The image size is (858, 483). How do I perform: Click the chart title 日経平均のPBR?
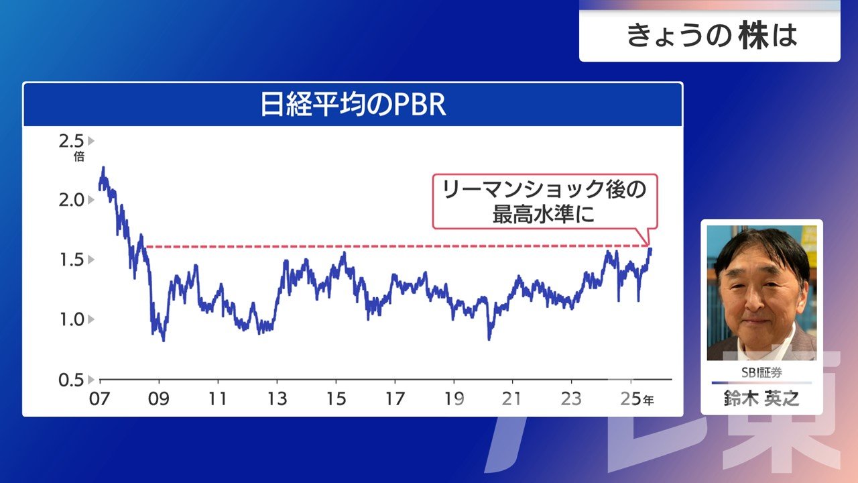(x=353, y=104)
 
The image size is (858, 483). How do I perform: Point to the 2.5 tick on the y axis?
(x=71, y=141)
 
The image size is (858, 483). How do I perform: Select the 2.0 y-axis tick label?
(x=71, y=200)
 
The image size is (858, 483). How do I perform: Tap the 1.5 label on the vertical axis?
(x=72, y=260)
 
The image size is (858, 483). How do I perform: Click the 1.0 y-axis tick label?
(x=72, y=319)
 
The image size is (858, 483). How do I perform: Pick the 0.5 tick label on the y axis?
(x=71, y=380)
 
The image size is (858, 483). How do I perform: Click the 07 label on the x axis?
(x=99, y=399)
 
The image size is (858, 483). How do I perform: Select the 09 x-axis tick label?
(x=159, y=399)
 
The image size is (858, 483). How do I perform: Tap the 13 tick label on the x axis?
(x=277, y=399)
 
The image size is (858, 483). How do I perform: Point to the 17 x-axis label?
(x=395, y=399)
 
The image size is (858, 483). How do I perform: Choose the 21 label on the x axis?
(x=511, y=399)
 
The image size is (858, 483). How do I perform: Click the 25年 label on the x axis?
(x=637, y=399)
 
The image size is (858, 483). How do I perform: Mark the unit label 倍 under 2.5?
(x=79, y=156)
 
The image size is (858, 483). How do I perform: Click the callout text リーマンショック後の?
(x=545, y=189)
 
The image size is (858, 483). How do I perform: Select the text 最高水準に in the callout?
(x=544, y=214)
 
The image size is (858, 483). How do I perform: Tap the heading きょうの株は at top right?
(x=712, y=36)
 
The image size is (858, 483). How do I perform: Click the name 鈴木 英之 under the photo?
(x=761, y=398)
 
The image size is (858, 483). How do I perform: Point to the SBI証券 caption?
(x=761, y=372)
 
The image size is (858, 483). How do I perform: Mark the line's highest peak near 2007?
(x=103, y=168)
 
